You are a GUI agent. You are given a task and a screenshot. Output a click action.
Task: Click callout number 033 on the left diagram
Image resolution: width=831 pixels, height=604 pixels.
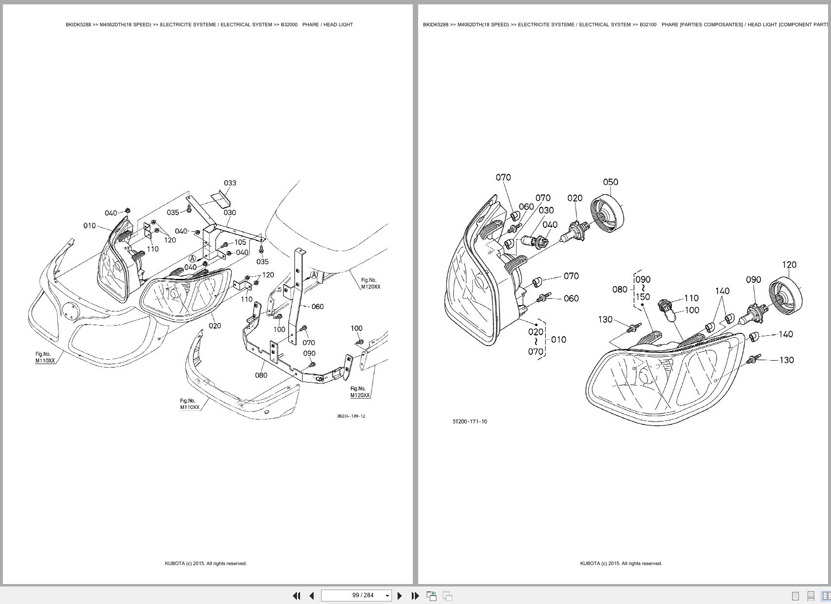tap(230, 183)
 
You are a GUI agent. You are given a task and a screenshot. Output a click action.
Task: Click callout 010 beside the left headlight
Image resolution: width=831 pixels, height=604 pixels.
tap(90, 226)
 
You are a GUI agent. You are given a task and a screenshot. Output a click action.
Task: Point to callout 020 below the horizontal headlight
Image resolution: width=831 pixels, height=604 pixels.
tap(215, 326)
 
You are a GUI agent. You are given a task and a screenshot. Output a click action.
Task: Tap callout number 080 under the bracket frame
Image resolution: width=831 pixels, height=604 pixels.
tap(261, 375)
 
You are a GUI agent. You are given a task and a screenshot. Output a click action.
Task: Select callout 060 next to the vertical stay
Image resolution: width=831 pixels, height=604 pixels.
tap(317, 307)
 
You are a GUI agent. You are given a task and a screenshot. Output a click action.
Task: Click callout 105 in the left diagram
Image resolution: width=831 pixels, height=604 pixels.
tap(240, 242)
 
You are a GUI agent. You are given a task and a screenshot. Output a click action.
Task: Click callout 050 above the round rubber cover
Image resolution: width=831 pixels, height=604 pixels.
tap(610, 182)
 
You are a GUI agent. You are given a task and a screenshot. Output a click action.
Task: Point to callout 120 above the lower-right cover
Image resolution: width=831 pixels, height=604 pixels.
tap(789, 265)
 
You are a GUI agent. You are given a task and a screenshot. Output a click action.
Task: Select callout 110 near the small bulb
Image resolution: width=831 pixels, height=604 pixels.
tap(691, 298)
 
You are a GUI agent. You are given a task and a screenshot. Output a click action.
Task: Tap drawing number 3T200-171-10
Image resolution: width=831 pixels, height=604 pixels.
tap(469, 421)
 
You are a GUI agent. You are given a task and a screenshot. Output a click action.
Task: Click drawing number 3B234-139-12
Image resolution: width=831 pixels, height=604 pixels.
tap(351, 416)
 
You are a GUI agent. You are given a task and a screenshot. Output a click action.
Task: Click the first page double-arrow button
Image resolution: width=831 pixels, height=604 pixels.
tap(296, 596)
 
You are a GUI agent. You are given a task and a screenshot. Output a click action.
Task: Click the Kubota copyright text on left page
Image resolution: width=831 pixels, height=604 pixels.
tap(205, 564)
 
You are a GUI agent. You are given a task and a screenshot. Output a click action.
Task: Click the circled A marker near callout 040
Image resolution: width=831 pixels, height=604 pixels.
tap(192, 259)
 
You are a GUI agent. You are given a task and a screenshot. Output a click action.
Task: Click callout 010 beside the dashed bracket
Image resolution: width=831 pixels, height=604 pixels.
tap(559, 340)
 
